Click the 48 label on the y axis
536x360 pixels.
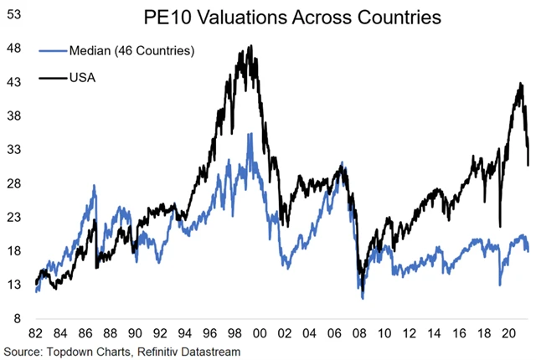coord(14,48)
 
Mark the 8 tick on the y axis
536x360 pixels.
coord(17,319)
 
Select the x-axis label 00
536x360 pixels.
coord(260,331)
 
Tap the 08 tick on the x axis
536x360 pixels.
coord(358,331)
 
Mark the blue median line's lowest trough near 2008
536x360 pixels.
coord(363,297)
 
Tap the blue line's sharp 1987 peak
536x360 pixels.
coord(95,186)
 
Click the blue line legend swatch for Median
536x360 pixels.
coord(54,52)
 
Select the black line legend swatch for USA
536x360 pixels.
coord(54,80)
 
